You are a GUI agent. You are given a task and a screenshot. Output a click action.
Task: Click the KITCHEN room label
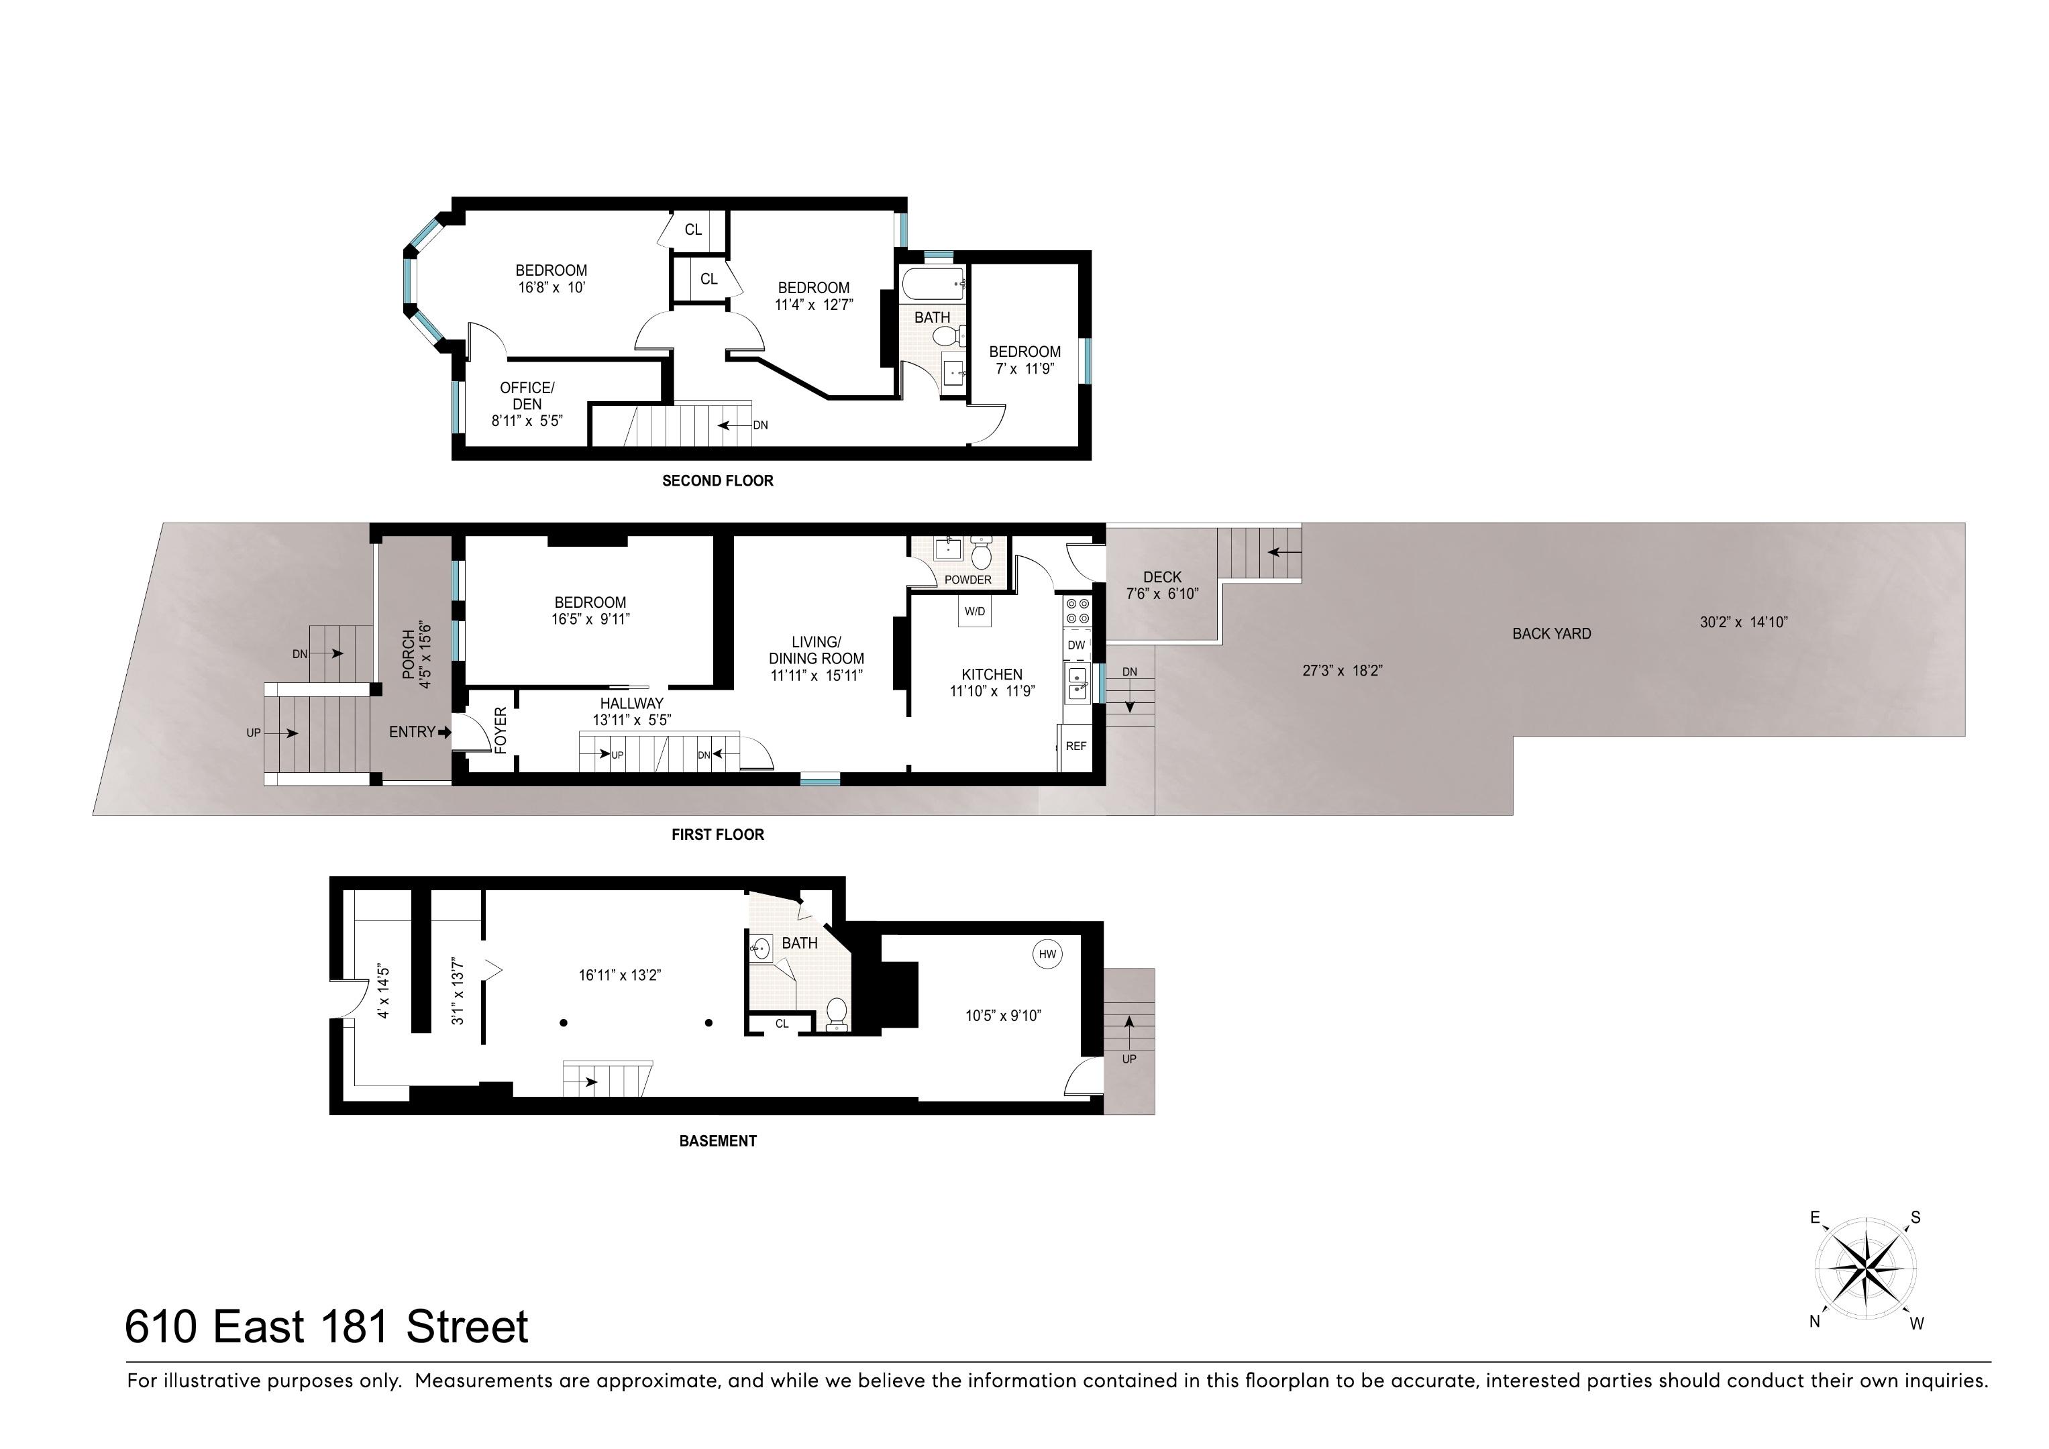pos(992,675)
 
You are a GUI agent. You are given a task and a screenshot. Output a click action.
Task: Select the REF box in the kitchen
pos(1075,746)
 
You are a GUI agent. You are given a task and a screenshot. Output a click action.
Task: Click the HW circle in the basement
pos(1047,954)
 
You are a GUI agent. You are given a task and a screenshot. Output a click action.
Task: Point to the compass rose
pos(1865,1268)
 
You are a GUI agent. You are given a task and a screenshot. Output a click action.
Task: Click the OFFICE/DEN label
pos(527,395)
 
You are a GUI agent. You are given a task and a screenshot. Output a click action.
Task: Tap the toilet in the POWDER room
pos(981,555)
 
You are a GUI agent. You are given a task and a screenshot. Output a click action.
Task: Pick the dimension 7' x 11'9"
pos(1024,368)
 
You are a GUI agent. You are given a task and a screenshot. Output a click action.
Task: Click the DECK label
pos(1161,578)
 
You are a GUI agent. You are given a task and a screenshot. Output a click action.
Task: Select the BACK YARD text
pos(1551,633)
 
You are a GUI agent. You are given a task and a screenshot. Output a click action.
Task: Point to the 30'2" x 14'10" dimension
pos(1743,623)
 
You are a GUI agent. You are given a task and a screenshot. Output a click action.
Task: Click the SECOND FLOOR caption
pos(717,481)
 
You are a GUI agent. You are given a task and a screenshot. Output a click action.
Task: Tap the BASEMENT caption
pos(717,1141)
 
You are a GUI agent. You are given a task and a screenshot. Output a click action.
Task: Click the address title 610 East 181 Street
pos(327,1327)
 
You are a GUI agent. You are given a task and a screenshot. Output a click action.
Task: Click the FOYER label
pos(501,731)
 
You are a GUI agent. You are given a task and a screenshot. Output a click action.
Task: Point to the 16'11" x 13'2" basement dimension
pos(619,975)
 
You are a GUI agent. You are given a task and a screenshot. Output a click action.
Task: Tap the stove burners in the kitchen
pos(1076,610)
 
